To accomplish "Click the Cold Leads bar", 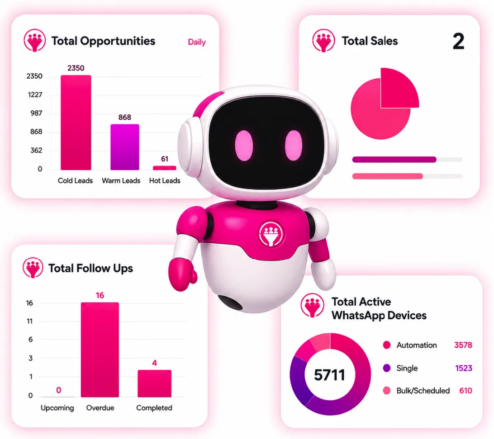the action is coord(76,123).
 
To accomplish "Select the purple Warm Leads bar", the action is coord(125,147).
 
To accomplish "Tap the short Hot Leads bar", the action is coord(165,168).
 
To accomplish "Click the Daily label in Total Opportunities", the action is coord(197,42).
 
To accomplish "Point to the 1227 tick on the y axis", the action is coord(35,95).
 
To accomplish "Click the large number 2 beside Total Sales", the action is coord(458,41).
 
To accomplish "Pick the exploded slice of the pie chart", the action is coord(399,88).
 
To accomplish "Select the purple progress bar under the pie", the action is coord(394,160).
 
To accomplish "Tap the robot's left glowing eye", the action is coord(244,145).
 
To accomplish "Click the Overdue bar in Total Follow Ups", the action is coord(100,349).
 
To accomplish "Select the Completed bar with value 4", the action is coord(154,383).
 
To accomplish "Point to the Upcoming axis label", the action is coord(57,408).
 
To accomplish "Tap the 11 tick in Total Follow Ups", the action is coord(29,321).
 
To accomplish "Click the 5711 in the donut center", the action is coord(329,375).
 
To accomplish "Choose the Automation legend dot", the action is coord(387,345).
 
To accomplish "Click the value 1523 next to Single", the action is coord(464,368).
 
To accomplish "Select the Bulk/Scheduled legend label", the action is coord(423,391).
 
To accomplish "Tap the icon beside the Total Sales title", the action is coord(323,41).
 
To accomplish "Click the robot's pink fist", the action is coord(182,274).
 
